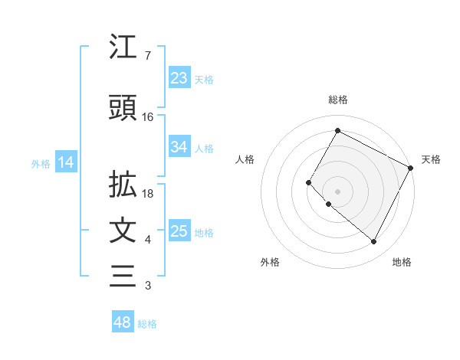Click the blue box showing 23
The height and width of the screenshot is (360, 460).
[179, 77]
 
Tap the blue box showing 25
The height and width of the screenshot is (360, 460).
[179, 231]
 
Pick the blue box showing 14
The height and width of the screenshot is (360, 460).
[65, 162]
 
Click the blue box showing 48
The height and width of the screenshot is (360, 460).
[123, 322]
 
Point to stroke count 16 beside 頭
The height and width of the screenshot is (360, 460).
[148, 117]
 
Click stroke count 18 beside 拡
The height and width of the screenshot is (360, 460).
[149, 194]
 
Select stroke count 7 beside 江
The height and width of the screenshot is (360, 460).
[147, 57]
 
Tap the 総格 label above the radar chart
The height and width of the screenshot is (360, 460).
[337, 100]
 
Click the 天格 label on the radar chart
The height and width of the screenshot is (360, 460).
[431, 159]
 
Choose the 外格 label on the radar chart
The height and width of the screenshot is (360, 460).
[270, 262]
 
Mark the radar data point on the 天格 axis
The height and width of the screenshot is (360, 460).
[410, 168]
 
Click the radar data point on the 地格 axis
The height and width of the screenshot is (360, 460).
[373, 242]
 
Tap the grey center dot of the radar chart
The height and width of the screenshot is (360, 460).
[337, 191]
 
